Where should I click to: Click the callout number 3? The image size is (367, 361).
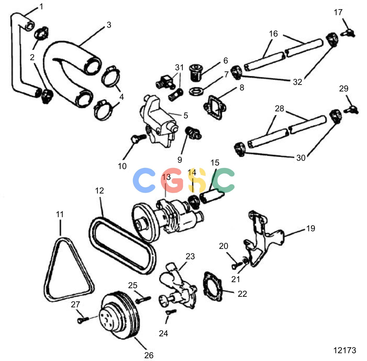(x=109, y=25)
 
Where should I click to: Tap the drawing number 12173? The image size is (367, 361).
(x=345, y=350)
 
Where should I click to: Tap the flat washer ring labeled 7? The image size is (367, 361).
(x=196, y=91)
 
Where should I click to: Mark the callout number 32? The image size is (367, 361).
(x=297, y=82)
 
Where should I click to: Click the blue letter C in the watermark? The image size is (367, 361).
(x=144, y=180)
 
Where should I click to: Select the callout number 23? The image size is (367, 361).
(x=190, y=256)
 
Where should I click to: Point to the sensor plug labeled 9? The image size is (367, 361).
(x=193, y=133)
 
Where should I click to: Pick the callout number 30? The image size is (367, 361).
(x=301, y=158)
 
